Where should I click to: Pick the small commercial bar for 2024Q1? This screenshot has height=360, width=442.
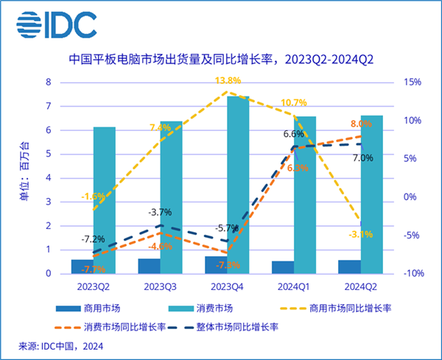[x=283, y=267]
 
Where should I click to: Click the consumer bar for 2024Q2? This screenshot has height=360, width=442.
[x=372, y=194]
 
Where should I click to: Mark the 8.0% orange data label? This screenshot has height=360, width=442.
[x=360, y=124]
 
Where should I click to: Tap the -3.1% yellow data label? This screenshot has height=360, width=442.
[x=359, y=235]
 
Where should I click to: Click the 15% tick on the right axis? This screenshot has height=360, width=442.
[x=411, y=82]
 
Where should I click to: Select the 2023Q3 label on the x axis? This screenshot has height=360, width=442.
[x=160, y=285]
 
